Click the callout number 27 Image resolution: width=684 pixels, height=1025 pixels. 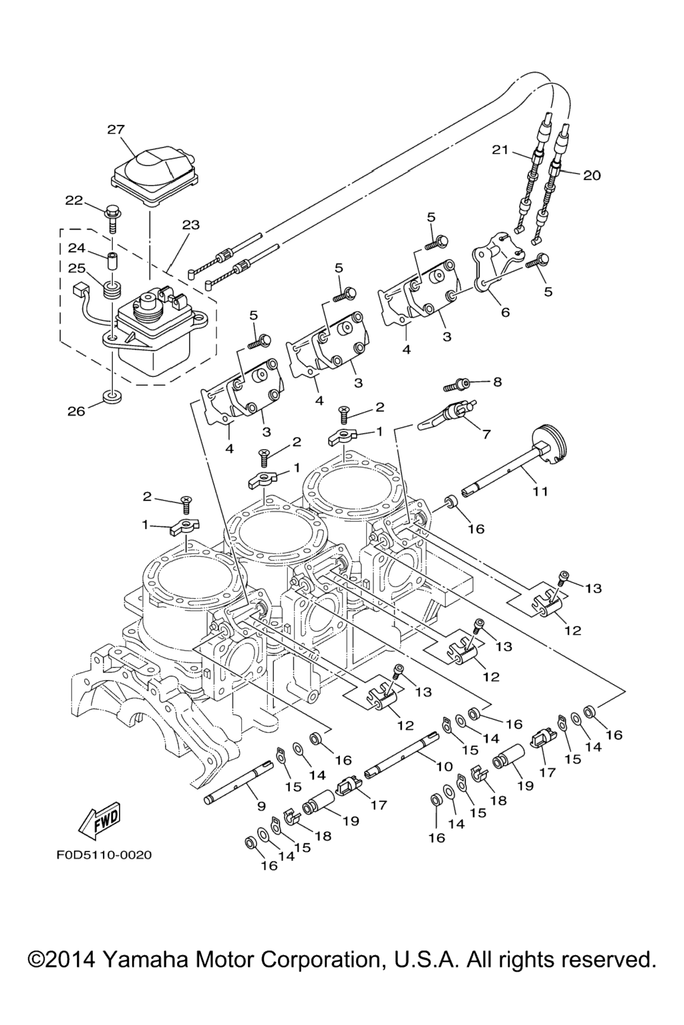pyautogui.click(x=116, y=129)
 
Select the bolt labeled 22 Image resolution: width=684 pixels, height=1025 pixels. pyautogui.click(x=112, y=216)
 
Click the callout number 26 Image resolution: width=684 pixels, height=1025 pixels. pyautogui.click(x=76, y=411)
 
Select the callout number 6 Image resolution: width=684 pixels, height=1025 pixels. pyautogui.click(x=505, y=312)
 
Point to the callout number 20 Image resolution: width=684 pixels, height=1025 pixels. pyautogui.click(x=592, y=176)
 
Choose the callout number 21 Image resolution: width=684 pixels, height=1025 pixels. pyautogui.click(x=501, y=150)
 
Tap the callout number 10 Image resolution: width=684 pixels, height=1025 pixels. pyautogui.click(x=444, y=767)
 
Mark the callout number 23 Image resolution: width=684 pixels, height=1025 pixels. pyautogui.click(x=190, y=225)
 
